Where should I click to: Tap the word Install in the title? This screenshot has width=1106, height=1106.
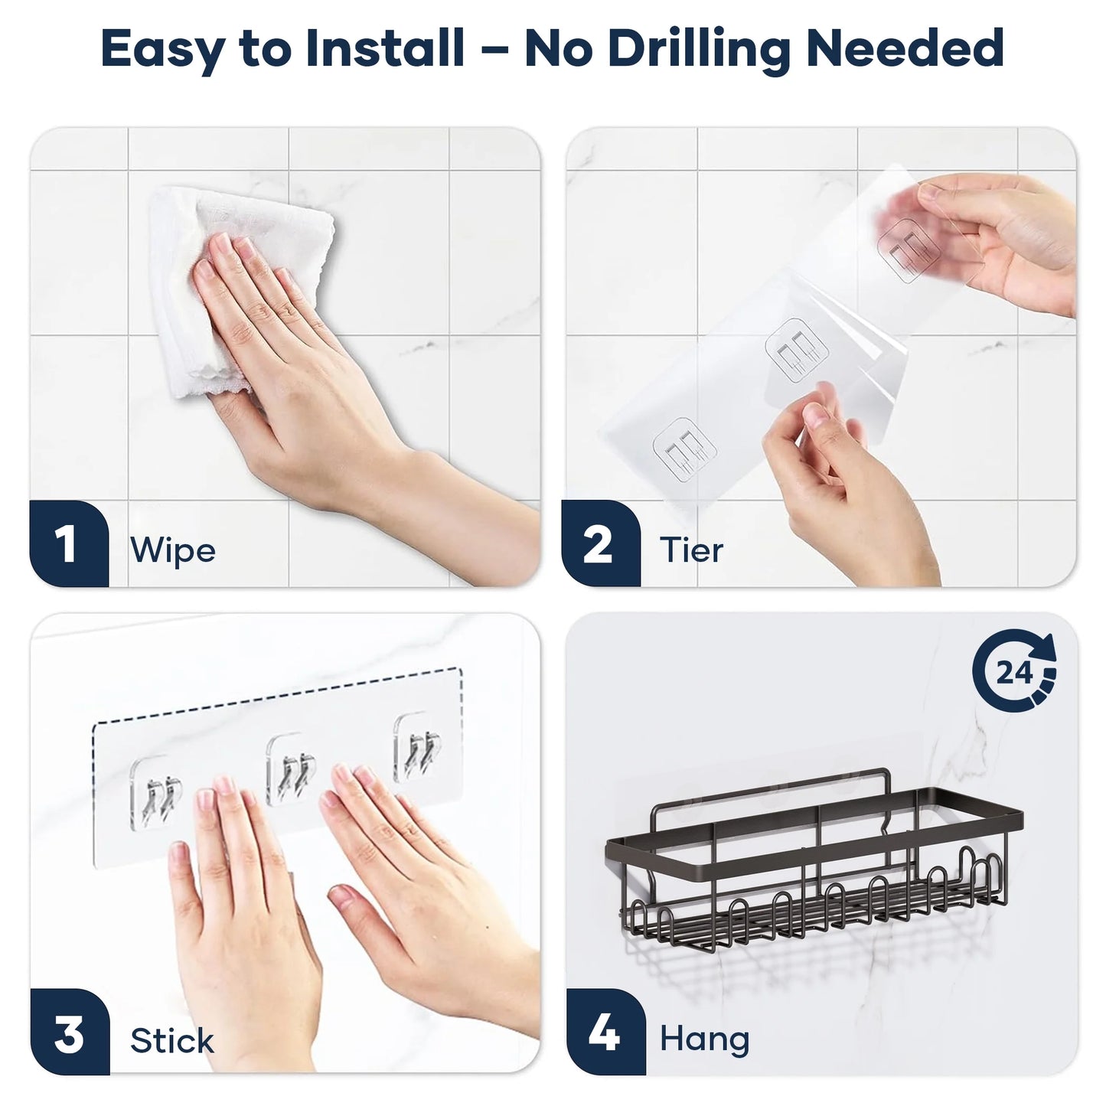(x=385, y=48)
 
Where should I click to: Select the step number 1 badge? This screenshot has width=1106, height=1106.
(x=69, y=543)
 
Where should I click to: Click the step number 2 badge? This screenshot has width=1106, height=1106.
(x=600, y=543)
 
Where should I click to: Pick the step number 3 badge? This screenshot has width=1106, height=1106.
(x=70, y=1031)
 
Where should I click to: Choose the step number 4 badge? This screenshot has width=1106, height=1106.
(x=605, y=1031)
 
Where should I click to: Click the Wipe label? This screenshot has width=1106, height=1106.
(x=173, y=550)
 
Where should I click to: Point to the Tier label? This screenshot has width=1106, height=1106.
(x=691, y=550)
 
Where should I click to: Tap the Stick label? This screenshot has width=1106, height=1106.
(x=172, y=1041)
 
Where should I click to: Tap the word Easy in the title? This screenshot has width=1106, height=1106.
(x=162, y=51)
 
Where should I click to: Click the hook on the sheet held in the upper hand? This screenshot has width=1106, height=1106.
(x=909, y=251)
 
